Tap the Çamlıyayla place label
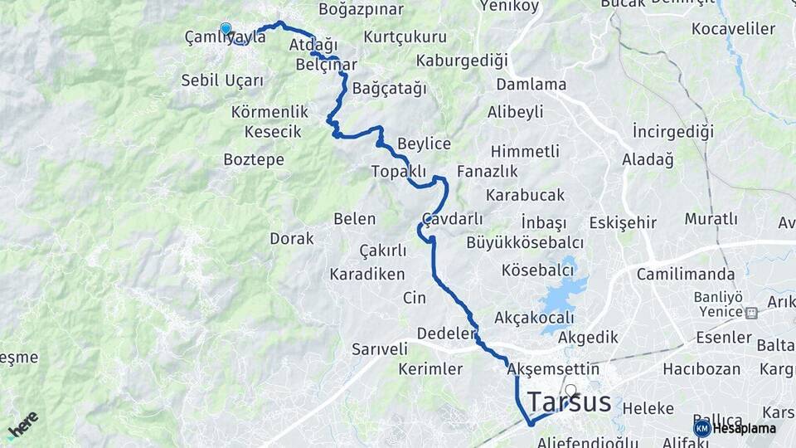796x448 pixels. (226, 37)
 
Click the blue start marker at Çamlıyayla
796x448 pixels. (226, 29)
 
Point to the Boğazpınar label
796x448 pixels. (361, 10)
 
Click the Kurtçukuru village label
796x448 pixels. (405, 37)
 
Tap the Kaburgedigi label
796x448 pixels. (461, 61)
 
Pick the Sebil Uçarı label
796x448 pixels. (222, 80)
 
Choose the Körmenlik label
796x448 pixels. (270, 112)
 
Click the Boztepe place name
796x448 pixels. (254, 159)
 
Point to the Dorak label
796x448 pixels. (292, 239)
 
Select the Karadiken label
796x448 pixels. (367, 274)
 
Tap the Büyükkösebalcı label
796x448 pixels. (525, 243)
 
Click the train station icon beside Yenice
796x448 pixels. (751, 313)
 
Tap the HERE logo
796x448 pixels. (22, 425)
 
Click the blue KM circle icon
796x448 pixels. (702, 428)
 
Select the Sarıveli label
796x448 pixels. (380, 349)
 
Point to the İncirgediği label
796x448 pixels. (672, 132)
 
